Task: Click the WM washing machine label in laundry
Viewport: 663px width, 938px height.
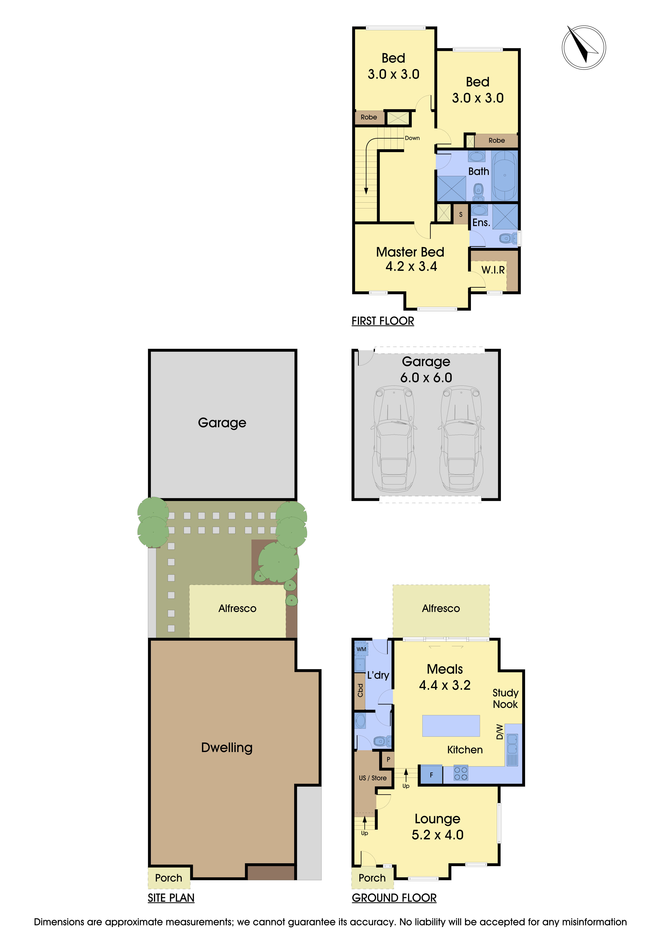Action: (x=361, y=649)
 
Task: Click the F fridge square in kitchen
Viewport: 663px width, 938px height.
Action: (x=431, y=775)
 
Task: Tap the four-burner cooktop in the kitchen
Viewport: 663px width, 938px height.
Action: (x=461, y=773)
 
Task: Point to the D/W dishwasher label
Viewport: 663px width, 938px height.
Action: (x=499, y=732)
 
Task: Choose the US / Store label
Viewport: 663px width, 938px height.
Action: (x=372, y=778)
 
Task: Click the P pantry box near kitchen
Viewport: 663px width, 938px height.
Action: (x=388, y=759)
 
